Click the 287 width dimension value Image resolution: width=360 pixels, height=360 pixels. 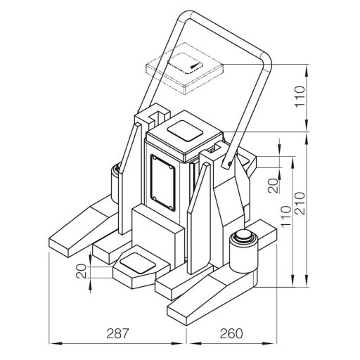[117, 333]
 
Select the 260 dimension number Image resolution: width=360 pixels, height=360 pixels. [231, 333]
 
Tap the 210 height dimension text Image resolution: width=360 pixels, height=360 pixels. [300, 203]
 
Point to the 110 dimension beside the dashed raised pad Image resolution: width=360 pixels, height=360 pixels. [300, 96]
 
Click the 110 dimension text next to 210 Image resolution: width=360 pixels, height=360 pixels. [286, 217]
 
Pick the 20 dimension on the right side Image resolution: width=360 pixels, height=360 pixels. [273, 186]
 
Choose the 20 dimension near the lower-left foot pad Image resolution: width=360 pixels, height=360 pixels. [82, 271]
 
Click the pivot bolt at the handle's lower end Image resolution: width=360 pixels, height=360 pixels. [230, 162]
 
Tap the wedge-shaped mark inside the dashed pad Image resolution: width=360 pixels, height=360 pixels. [195, 65]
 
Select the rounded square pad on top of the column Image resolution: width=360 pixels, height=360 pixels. [185, 131]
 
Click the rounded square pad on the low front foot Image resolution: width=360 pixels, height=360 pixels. [137, 263]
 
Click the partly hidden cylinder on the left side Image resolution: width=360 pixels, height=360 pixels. [116, 183]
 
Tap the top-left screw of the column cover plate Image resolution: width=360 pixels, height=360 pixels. [154, 157]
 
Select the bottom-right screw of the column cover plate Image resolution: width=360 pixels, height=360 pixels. [171, 207]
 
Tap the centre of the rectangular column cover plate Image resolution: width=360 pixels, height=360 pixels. [162, 183]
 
